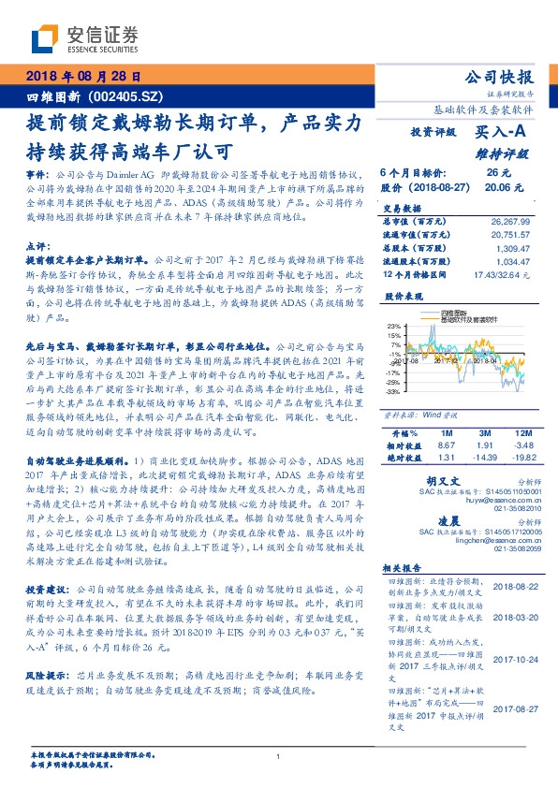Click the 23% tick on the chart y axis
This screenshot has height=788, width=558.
click(395, 325)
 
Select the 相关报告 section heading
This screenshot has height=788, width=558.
click(404, 567)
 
